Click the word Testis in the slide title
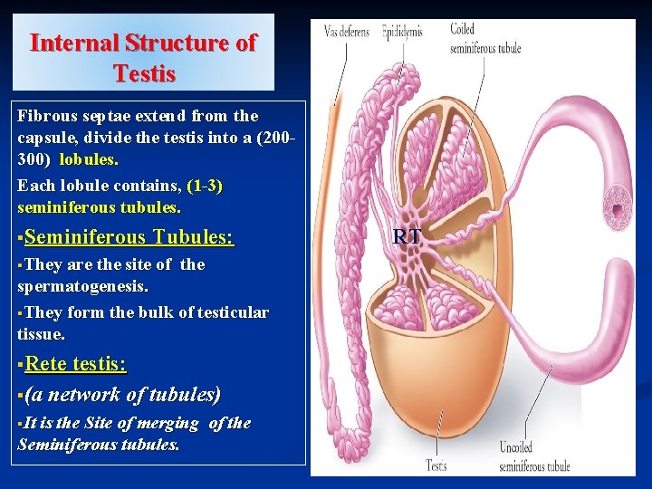tap(145, 72)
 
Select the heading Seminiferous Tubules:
tap(129, 237)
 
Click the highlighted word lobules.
tap(88, 159)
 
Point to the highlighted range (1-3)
tap(205, 186)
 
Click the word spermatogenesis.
tap(82, 285)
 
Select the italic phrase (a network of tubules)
tap(122, 395)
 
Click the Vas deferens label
tap(347, 33)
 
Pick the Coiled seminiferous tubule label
tap(484, 39)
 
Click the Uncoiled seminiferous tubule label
tap(534, 456)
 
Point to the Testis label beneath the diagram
tap(436, 466)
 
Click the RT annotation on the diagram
tap(407, 237)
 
